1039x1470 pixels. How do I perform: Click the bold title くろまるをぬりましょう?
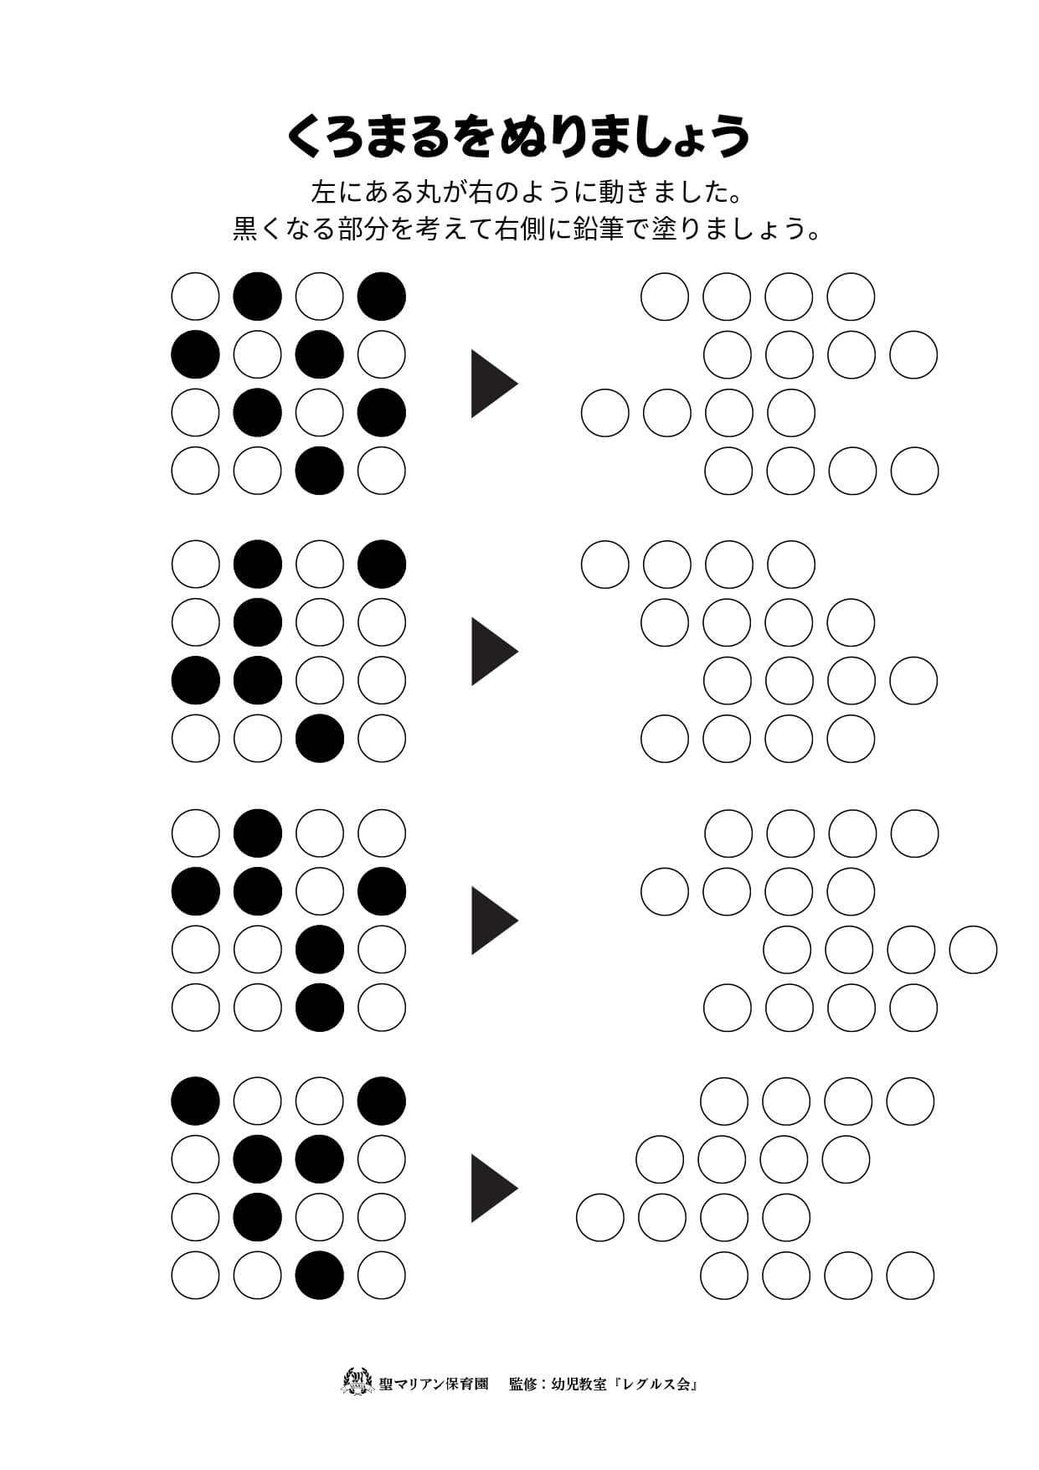coord(518,137)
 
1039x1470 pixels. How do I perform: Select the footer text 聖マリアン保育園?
coord(434,1384)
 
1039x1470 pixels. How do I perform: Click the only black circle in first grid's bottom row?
coord(320,471)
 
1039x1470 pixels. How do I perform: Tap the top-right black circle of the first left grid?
coord(382,297)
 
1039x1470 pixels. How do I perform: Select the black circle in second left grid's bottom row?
coord(320,738)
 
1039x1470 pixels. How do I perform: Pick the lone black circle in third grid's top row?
coord(258,833)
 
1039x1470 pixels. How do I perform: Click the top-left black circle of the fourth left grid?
coord(196,1101)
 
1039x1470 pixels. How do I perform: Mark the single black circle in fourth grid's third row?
coord(258,1217)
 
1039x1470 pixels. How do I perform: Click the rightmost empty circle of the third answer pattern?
coord(974,950)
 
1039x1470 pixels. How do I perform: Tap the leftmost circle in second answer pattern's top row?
coord(605,564)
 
